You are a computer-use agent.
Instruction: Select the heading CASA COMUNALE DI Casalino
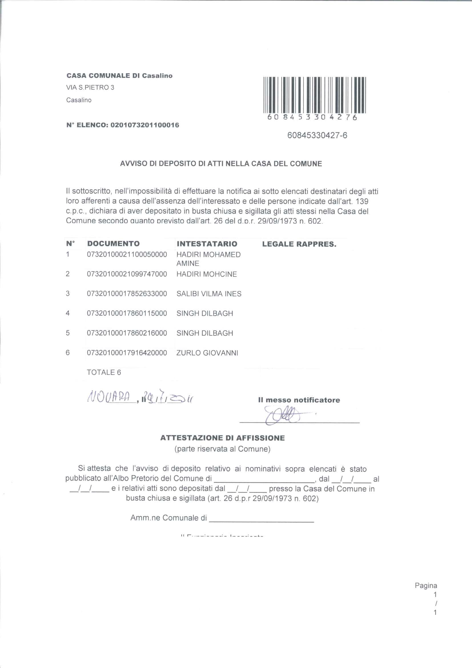click(120, 76)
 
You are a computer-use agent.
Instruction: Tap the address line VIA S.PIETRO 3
click(90, 88)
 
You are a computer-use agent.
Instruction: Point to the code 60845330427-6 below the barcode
click(317, 136)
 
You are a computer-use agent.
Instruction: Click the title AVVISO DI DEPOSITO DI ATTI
click(221, 164)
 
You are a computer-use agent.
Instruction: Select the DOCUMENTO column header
click(113, 243)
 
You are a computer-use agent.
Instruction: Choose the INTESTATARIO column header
click(207, 244)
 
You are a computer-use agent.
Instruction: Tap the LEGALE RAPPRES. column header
click(299, 244)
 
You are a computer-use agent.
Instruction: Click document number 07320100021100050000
click(127, 255)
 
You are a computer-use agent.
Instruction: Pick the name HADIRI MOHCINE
click(206, 274)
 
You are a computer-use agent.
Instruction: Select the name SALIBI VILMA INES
click(209, 294)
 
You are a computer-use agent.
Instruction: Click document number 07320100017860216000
click(127, 333)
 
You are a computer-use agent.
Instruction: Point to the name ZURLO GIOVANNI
click(207, 353)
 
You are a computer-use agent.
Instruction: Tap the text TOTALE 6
click(104, 372)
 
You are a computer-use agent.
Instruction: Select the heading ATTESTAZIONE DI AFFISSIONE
click(222, 438)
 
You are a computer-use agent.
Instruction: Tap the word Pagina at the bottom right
click(426, 586)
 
